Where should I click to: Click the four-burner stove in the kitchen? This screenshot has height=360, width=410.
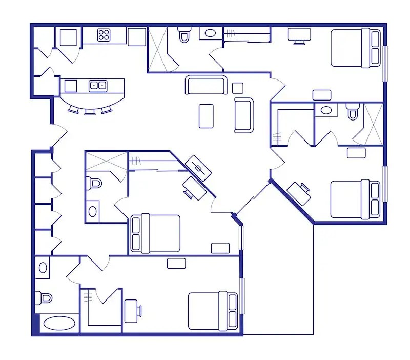tap(105, 35)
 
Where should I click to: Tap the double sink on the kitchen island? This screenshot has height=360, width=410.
tap(97, 86)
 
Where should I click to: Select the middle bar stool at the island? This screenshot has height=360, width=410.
tap(90, 110)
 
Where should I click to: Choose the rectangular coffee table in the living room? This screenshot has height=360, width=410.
tap(206, 116)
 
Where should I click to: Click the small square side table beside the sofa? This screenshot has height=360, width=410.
tap(237, 87)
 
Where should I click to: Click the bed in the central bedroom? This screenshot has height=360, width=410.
tap(156, 233)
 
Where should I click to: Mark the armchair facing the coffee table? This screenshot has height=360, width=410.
tap(244, 115)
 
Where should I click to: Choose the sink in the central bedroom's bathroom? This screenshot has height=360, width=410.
tap(93, 210)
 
